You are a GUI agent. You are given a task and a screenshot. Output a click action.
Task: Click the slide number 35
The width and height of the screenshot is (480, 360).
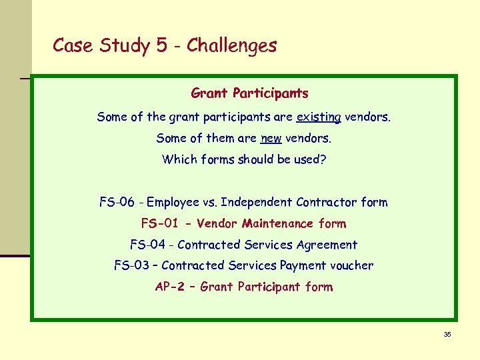[x=447, y=334]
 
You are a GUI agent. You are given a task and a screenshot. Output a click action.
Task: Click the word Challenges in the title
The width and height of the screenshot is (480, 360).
[x=231, y=45]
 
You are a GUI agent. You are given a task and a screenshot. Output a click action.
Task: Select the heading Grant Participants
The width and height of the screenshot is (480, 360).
[x=249, y=93]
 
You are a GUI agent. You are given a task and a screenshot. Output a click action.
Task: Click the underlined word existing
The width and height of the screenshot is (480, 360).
[x=319, y=117]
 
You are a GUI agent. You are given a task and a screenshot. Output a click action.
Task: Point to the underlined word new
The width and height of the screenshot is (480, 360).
[x=271, y=139]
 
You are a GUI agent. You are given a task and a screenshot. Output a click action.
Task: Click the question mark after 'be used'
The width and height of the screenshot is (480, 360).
[x=323, y=160]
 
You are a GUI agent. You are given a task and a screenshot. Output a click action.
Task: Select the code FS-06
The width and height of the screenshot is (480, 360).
[x=117, y=202]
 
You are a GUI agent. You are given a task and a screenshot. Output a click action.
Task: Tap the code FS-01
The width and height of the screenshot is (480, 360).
[x=160, y=223]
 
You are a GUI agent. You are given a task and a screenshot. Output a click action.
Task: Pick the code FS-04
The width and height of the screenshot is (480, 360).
[x=148, y=245]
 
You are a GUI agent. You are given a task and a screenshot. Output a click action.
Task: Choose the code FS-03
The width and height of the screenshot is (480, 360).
[x=132, y=265]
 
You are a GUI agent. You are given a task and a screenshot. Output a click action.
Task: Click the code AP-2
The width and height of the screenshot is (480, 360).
[x=170, y=287]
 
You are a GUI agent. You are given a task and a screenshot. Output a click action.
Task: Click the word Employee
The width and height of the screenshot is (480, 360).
[x=173, y=202]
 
